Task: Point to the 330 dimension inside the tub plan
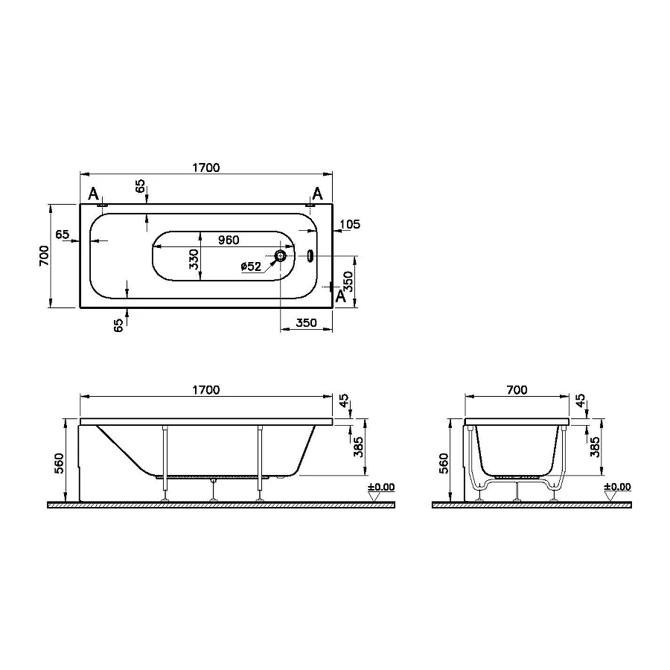(x=194, y=258)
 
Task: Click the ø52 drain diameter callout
(x=251, y=267)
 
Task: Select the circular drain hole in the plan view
(x=281, y=256)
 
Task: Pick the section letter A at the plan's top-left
(x=93, y=194)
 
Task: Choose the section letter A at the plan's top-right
(x=317, y=194)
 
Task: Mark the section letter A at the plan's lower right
(x=341, y=296)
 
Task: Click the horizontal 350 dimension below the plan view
(x=306, y=323)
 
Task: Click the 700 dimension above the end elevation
(x=516, y=389)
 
